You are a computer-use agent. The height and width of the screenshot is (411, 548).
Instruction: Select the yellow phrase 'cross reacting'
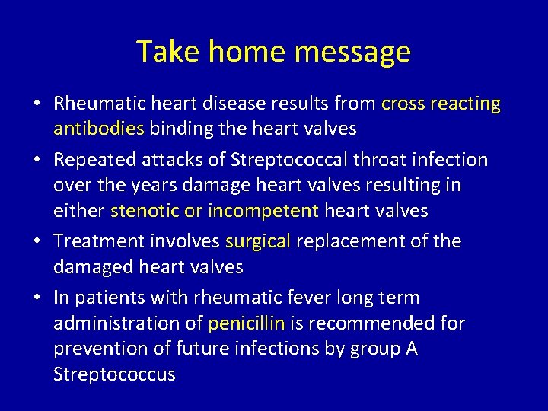pyautogui.click(x=441, y=103)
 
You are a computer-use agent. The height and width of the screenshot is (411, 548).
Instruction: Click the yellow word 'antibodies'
pyautogui.click(x=98, y=129)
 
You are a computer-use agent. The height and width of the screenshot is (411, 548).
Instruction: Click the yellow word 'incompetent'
pyautogui.click(x=263, y=210)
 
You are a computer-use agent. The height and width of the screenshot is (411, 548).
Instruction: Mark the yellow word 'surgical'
pyautogui.click(x=258, y=241)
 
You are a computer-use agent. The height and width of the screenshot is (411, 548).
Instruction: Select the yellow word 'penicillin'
pyautogui.click(x=246, y=323)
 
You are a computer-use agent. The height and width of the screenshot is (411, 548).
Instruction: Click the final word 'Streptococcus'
pyautogui.click(x=114, y=374)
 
